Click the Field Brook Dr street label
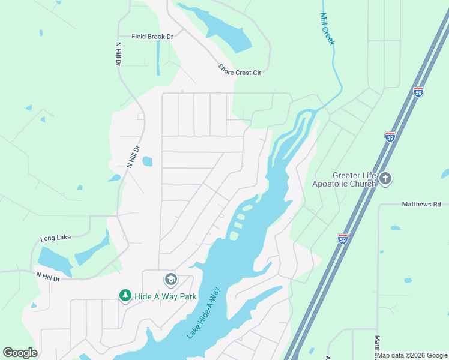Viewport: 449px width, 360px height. (x=152, y=37)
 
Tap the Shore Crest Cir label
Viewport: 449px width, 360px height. (x=240, y=73)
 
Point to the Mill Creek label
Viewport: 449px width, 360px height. (x=327, y=29)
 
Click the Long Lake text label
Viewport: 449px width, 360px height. (x=55, y=238)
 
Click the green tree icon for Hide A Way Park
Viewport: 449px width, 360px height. (x=125, y=296)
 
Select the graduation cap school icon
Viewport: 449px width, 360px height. (x=170, y=280)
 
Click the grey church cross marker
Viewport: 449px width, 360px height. (x=385, y=179)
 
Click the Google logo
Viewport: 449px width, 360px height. (x=20, y=353)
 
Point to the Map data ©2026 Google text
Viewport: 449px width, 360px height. (x=412, y=355)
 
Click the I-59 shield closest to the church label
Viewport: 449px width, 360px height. (x=390, y=137)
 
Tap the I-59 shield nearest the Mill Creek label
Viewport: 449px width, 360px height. (x=418, y=92)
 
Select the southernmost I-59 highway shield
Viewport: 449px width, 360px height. (x=343, y=238)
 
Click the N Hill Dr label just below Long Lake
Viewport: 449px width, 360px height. (x=49, y=277)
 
